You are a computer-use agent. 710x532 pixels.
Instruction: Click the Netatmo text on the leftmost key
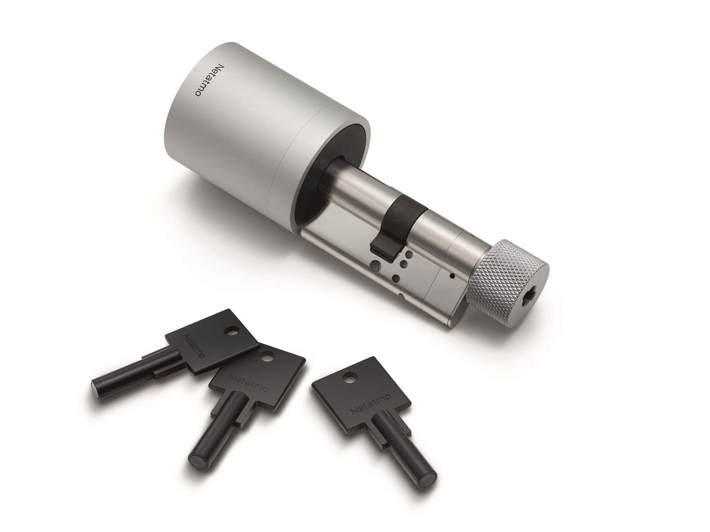194,346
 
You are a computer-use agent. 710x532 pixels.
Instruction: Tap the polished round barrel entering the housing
355,185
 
